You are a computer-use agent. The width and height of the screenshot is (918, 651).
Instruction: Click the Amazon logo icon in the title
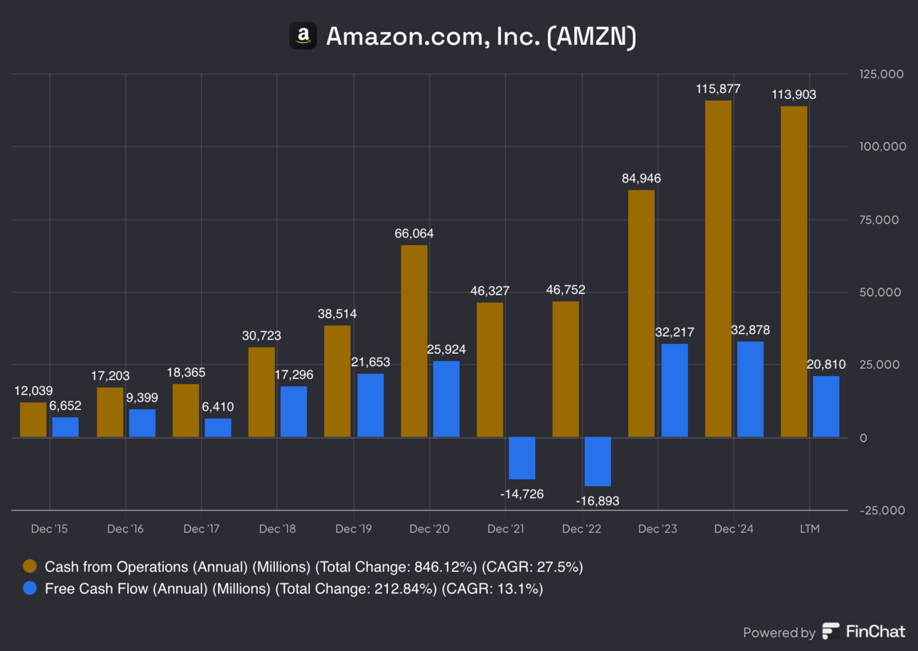coord(303,36)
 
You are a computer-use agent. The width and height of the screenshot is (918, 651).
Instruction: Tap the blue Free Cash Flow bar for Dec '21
coord(522,458)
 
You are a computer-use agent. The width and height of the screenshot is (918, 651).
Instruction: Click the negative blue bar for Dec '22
coord(598,461)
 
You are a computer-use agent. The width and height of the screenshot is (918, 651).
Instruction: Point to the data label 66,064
coord(414,233)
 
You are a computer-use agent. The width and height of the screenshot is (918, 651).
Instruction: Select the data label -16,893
coord(597,501)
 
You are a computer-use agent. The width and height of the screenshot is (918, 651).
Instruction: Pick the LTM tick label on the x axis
coord(809,529)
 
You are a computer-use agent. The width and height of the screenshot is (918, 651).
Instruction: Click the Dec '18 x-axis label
coord(278,529)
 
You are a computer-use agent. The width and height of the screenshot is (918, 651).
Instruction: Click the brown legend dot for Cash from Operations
coord(30,566)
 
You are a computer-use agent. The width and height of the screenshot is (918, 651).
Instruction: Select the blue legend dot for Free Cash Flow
coord(30,588)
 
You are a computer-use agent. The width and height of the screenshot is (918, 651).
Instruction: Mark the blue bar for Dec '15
coord(65,426)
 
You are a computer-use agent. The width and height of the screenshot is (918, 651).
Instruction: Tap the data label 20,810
coord(826,365)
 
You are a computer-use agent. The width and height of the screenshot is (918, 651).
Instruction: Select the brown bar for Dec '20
coord(414,341)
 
